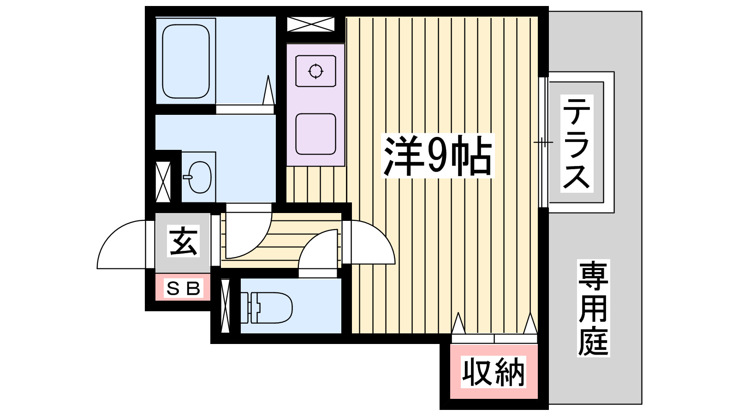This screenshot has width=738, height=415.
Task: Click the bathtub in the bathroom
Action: tap(186, 61)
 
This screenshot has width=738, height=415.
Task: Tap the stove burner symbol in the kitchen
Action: tap(315, 71)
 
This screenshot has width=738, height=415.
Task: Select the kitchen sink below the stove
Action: tap(315, 134)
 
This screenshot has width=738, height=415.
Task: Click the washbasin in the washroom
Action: tap(199, 177)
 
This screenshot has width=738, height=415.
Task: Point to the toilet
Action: tap(270, 307)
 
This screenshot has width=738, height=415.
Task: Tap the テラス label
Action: tap(577, 143)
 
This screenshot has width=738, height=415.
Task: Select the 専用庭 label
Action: tap(593, 308)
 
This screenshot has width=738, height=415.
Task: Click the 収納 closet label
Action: tap(494, 372)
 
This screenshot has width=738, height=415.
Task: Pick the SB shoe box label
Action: tap(183, 289)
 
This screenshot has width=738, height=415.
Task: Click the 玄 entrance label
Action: tap(183, 241)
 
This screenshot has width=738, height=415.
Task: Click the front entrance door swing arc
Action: tap(121, 244)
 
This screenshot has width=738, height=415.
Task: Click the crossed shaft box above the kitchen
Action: tap(310, 24)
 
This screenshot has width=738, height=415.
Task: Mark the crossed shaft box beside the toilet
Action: tap(225, 306)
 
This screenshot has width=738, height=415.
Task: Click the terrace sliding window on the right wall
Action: tap(543, 142)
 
